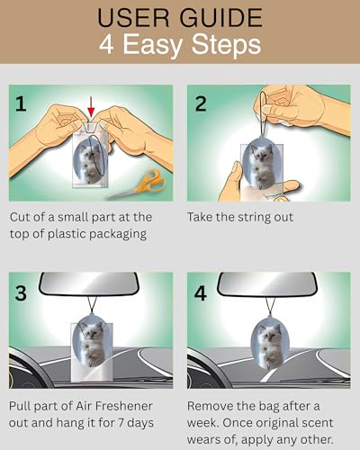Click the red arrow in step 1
tap(91, 106)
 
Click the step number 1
tap(21, 103)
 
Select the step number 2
tap(201, 103)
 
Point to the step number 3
tap(21, 292)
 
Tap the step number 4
tap(201, 292)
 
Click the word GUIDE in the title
tap(221, 18)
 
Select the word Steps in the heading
tap(226, 44)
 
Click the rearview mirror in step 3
tap(89, 284)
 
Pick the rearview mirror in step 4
tap(267, 284)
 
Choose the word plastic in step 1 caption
tap(67, 234)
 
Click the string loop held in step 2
tap(263, 115)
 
